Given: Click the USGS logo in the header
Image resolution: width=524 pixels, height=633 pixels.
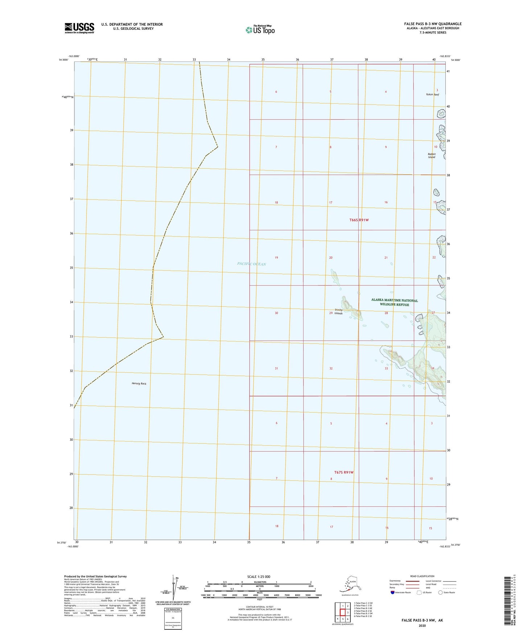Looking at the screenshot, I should tap(79, 28).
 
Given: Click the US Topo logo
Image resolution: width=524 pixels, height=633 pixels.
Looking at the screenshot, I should tap(260, 30).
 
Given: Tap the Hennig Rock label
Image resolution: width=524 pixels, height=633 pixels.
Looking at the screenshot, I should tap(139, 383).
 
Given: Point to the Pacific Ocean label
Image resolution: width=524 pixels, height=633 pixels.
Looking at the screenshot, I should tap(251, 264).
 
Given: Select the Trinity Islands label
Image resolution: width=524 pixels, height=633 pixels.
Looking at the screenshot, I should tap(338, 311).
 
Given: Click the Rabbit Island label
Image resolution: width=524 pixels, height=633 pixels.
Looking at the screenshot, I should tap(431, 156).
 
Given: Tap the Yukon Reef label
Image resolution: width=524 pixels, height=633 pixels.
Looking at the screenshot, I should tap(432, 95).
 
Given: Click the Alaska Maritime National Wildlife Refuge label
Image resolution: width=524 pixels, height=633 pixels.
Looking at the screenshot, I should tap(394, 302).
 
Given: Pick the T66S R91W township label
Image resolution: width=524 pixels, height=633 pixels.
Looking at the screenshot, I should tap(359, 220).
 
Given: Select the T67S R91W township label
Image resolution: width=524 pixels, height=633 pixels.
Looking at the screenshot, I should tap(343, 472).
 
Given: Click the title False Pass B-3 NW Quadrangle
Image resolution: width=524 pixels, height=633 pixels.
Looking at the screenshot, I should tap(433, 24).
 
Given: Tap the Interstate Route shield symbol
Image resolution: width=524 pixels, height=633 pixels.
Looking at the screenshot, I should tap(392, 592).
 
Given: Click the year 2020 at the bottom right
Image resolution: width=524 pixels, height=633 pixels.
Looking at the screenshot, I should tap(422, 625).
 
